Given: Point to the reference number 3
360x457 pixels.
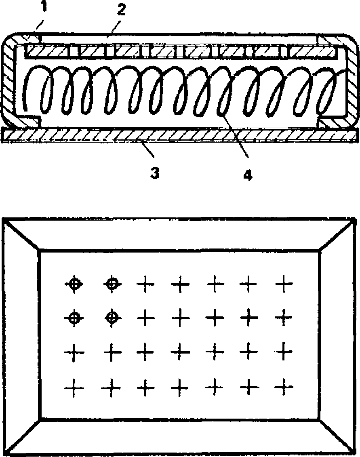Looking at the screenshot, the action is [154, 174].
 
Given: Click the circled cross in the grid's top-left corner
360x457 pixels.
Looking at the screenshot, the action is [74, 284].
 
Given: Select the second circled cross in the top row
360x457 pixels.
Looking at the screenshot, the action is [111, 284].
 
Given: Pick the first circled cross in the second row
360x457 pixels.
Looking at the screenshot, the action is [74, 317].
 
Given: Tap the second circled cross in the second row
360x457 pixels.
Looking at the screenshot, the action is [111, 318].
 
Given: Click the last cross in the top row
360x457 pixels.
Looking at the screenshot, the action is [284, 284].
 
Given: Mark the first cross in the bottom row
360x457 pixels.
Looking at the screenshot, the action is [75, 388].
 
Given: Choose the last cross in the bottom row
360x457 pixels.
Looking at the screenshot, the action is [284, 388].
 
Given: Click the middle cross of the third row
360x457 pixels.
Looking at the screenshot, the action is [180, 352].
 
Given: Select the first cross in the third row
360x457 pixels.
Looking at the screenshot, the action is [75, 352].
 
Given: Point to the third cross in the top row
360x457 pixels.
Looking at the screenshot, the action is [145, 284].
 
